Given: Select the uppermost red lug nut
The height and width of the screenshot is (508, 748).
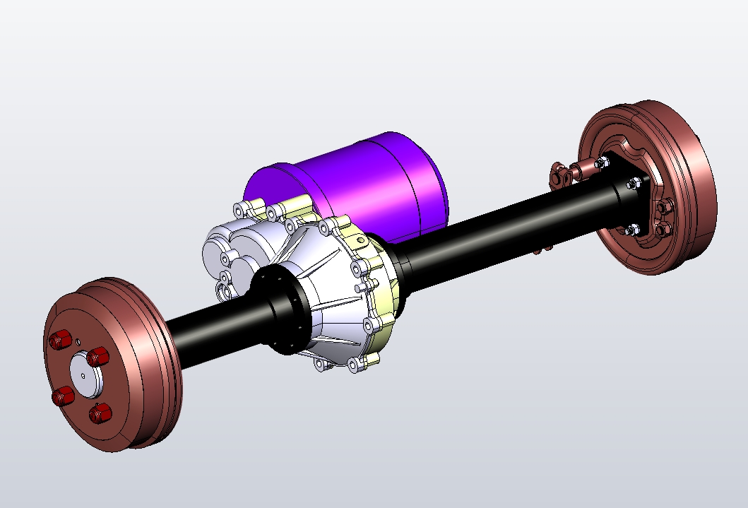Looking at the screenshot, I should point(60,341).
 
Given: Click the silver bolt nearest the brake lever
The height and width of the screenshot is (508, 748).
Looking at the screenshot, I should point(601,163).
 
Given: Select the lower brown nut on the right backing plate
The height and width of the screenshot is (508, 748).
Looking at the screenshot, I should point(662,230).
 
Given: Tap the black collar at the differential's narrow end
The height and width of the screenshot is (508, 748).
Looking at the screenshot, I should point(283,311).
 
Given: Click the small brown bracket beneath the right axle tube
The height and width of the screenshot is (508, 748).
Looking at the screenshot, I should point(542,248).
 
